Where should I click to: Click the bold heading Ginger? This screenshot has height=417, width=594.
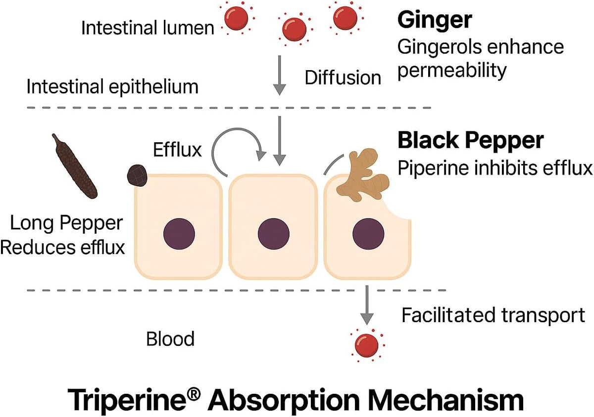coord(435,21)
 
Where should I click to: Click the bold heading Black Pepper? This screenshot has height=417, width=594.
coord(470,141)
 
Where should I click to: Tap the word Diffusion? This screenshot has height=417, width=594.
coord(343,78)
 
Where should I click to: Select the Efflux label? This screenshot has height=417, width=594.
coord(177,150)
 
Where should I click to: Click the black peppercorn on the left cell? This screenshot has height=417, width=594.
coord(137,175)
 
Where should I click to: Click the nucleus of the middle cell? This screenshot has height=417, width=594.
coord(273,234)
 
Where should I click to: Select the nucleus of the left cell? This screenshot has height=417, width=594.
coord(179,234)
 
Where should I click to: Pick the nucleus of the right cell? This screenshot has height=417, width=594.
coord(368,234)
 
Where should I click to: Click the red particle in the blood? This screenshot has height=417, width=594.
coord(366,345)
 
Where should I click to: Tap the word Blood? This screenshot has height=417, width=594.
coord(170,338)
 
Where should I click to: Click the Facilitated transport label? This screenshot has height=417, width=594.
coord(493,315)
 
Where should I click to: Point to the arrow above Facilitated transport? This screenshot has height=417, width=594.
coord(367,305)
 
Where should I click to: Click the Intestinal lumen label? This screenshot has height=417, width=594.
coord(148,28)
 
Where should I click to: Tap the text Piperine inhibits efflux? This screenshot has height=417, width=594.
coord(495,167)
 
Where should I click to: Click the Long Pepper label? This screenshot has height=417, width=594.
coord(66,223)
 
